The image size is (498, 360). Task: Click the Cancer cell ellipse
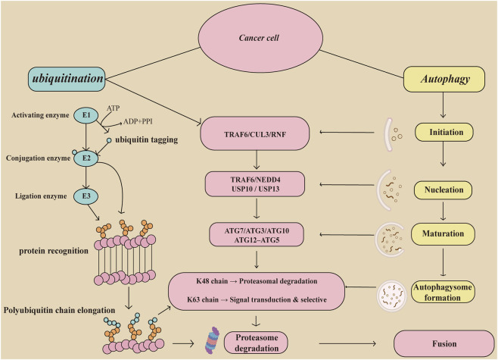pos(260,38)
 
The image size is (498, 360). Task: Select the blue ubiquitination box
pos(67,79)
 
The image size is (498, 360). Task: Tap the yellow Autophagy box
pos(444,79)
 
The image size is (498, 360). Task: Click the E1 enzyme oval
pos(86,115)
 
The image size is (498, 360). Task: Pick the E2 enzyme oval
pos(86,158)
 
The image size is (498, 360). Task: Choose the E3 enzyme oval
pos(86,196)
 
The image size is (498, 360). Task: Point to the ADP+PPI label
pos(138,121)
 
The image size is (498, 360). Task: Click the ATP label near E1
pos(113,108)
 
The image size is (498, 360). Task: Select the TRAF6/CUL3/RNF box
pos(255,133)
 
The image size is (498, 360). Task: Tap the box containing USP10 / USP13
pos(255,184)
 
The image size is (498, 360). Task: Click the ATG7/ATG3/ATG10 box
pos(257,235)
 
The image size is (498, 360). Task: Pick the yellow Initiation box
pos(444,132)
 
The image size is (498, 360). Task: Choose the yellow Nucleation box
pos(443,190)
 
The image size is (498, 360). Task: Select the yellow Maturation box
pos(443,233)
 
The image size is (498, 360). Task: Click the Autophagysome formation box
pos(443,292)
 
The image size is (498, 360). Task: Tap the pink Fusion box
pos(444,343)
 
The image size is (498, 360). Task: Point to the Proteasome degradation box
pos(256,343)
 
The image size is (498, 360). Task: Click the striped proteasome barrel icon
pos(212,340)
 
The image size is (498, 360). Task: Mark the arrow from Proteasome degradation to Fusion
pos(347,343)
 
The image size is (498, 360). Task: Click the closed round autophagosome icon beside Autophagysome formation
pos(391,296)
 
